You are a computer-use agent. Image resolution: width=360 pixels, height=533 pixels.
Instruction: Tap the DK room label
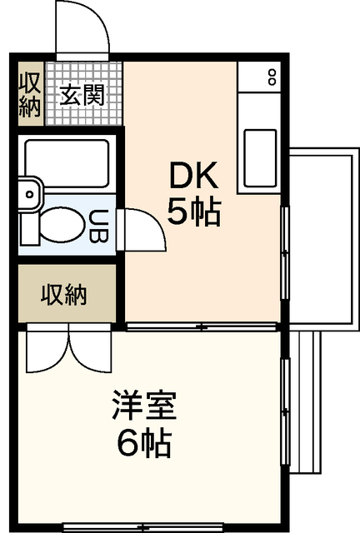[x=193, y=177]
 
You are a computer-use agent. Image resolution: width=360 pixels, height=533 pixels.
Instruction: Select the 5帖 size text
[x=193, y=213]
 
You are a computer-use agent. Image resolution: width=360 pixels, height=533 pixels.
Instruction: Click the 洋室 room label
[x=144, y=408]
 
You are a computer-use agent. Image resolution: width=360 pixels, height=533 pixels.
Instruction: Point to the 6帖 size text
[x=144, y=444]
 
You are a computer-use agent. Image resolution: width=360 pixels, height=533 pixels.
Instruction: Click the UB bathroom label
[x=98, y=226]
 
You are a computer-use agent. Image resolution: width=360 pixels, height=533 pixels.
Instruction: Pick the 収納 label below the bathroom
[x=64, y=295]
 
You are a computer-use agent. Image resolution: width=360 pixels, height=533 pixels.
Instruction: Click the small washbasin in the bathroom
[x=27, y=198]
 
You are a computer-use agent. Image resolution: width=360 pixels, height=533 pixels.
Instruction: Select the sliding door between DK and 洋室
[x=202, y=326]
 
